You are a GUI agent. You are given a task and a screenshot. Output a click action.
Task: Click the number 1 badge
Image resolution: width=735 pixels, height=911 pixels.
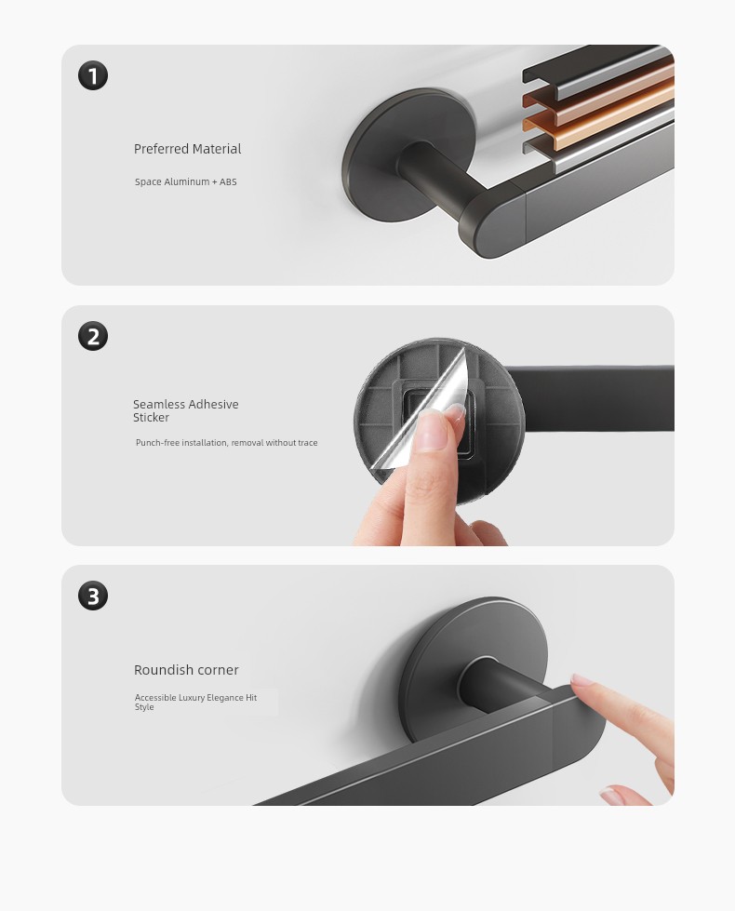coord(93,75)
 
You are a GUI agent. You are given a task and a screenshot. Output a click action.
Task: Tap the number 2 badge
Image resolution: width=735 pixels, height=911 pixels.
coord(93,336)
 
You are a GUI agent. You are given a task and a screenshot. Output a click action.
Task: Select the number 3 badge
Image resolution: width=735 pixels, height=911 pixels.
coord(93,596)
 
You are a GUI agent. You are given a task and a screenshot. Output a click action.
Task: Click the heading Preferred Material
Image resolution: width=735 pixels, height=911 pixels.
coord(187,149)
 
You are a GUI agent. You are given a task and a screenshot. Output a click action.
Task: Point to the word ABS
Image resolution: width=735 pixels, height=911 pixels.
coord(228,181)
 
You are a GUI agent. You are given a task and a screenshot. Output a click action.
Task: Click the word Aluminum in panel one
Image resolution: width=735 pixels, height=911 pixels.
coord(187,181)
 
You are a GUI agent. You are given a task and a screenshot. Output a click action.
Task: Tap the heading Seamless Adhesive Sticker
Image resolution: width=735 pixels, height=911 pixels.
coord(185,410)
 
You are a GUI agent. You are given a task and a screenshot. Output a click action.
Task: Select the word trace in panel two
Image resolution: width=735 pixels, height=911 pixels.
coord(307,443)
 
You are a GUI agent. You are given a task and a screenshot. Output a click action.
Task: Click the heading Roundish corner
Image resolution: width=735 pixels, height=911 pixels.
coord(186,670)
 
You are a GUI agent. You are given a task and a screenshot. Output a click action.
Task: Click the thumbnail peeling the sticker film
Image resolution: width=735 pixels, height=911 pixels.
coord(454,413)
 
